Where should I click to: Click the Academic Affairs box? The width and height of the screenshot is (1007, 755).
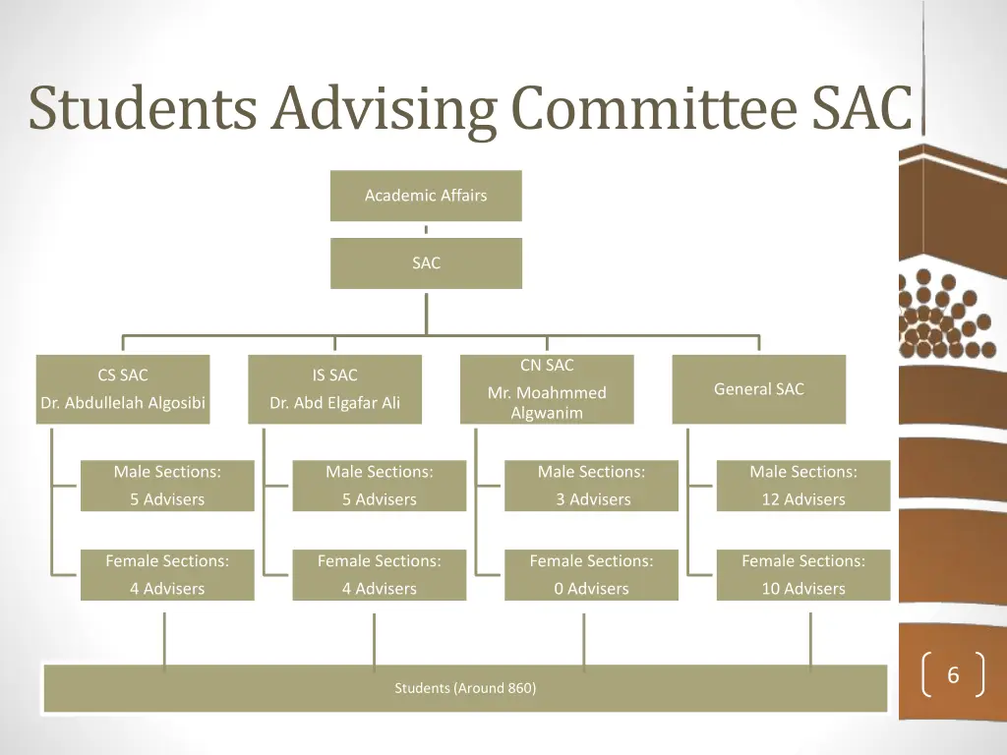tap(426, 196)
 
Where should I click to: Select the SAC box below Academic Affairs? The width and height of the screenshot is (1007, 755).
tap(426, 263)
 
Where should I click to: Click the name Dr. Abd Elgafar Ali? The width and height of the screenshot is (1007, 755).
tap(334, 403)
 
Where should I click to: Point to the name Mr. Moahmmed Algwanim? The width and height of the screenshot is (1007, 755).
tap(547, 403)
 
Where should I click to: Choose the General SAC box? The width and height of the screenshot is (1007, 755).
tap(758, 389)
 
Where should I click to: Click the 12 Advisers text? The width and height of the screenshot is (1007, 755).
tap(802, 499)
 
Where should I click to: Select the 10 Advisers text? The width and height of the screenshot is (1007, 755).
tap(802, 589)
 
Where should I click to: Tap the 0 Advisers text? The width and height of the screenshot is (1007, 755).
tap(591, 589)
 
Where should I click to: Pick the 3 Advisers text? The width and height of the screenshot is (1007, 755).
tap(592, 499)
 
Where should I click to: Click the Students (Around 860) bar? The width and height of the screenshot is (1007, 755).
tap(465, 688)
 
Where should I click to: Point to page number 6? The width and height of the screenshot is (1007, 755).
tap(952, 676)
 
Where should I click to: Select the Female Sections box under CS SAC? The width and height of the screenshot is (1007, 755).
tap(167, 574)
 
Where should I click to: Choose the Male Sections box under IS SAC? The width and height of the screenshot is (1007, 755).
tap(379, 486)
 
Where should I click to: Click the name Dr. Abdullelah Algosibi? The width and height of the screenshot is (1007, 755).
tap(123, 403)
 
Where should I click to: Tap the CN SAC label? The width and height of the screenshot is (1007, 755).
tap(547, 366)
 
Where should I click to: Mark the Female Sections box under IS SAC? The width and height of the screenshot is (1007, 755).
tap(379, 574)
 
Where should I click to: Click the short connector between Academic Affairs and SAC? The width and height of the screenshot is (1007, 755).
tap(426, 230)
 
